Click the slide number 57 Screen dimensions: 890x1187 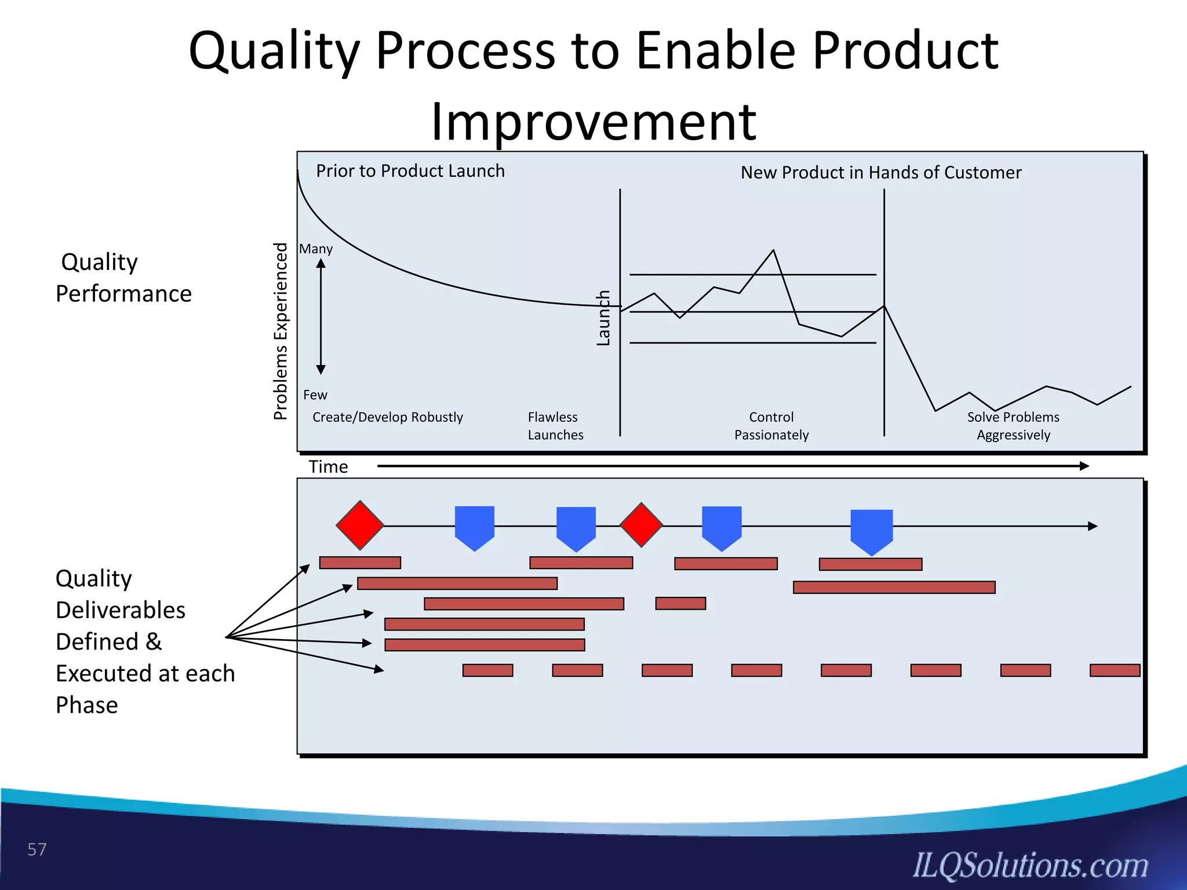coord(37,849)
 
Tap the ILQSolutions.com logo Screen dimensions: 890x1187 coord(1030,866)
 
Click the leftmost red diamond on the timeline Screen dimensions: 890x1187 coord(360,526)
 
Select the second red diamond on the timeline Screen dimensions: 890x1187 coord(641,525)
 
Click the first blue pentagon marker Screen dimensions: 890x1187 coord(475,526)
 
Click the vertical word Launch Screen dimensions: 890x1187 coord(603,318)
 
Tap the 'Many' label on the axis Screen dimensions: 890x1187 coord(316,249)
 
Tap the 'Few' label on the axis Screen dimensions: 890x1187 coord(315,395)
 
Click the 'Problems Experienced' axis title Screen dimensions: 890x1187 coord(281,331)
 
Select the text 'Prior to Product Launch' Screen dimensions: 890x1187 coord(410,171)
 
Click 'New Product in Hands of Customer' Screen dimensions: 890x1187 coord(880,173)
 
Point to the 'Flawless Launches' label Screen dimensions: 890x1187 coord(555,426)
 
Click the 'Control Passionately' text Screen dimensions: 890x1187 coord(771,426)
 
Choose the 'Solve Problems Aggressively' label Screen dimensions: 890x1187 coord(1013,426)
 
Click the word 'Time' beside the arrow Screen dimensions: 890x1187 coord(328,467)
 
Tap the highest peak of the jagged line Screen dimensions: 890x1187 coord(773,250)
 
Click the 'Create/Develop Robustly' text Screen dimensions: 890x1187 coord(387,417)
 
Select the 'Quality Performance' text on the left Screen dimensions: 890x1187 coord(123,278)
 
